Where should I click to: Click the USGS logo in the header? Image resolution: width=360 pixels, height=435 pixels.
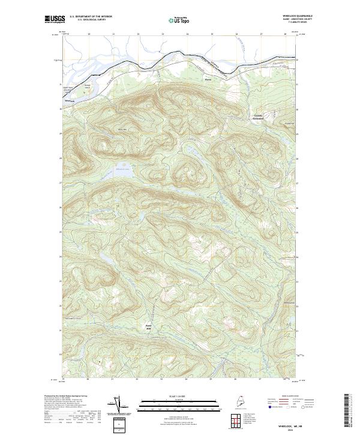[55, 19]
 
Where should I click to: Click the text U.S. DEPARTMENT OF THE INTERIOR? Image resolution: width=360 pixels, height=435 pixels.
[91, 16]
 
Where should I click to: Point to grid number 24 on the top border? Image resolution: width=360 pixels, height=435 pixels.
[187, 34]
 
